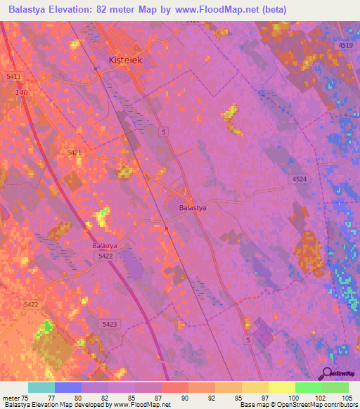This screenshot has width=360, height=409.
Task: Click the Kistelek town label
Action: pyautogui.click(x=126, y=60)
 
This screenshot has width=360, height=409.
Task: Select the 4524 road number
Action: pyautogui.click(x=300, y=180)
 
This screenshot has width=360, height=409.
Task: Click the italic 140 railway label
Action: pyautogui.click(x=22, y=92)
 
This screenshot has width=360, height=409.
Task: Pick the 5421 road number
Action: pyautogui.click(x=75, y=152)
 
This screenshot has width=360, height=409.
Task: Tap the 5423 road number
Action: pyautogui.click(x=110, y=324)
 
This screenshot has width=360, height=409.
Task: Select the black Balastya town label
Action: pyautogui.click(x=193, y=208)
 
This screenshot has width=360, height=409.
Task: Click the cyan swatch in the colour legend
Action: pyautogui.click(x=41, y=387)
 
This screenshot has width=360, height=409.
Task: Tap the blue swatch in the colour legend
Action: pyautogui.click(x=67, y=387)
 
